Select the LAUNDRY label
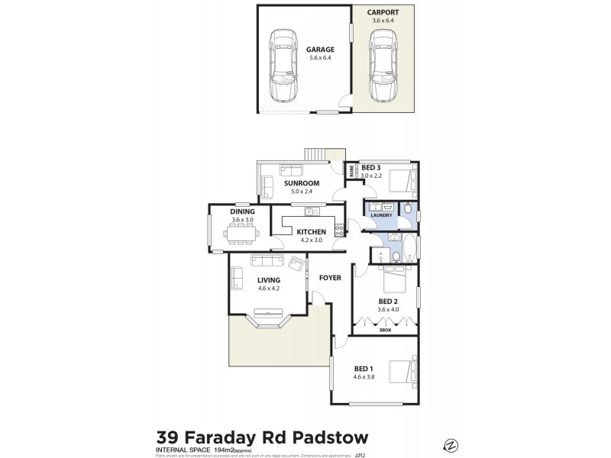[x=381, y=215]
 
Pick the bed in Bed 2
[x=395, y=282]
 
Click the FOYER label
[x=330, y=277]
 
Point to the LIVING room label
[x=269, y=279]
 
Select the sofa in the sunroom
[x=267, y=186]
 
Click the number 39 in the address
[x=170, y=437]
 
